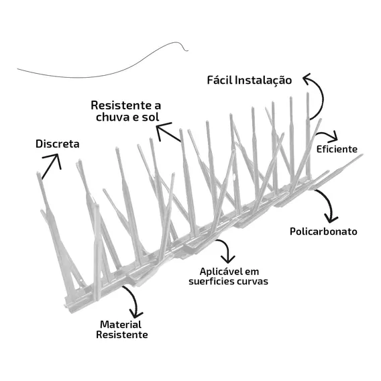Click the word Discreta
click(x=57, y=144)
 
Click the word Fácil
click(x=220, y=80)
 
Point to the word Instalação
click(x=264, y=80)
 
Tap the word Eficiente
click(x=337, y=149)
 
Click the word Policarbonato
click(x=323, y=231)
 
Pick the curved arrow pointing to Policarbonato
click(x=329, y=204)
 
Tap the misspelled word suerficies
click(x=211, y=281)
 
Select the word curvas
click(x=252, y=282)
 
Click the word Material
click(x=121, y=325)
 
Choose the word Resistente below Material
click(x=122, y=335)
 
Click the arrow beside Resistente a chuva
click(x=168, y=132)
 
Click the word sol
click(x=151, y=117)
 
